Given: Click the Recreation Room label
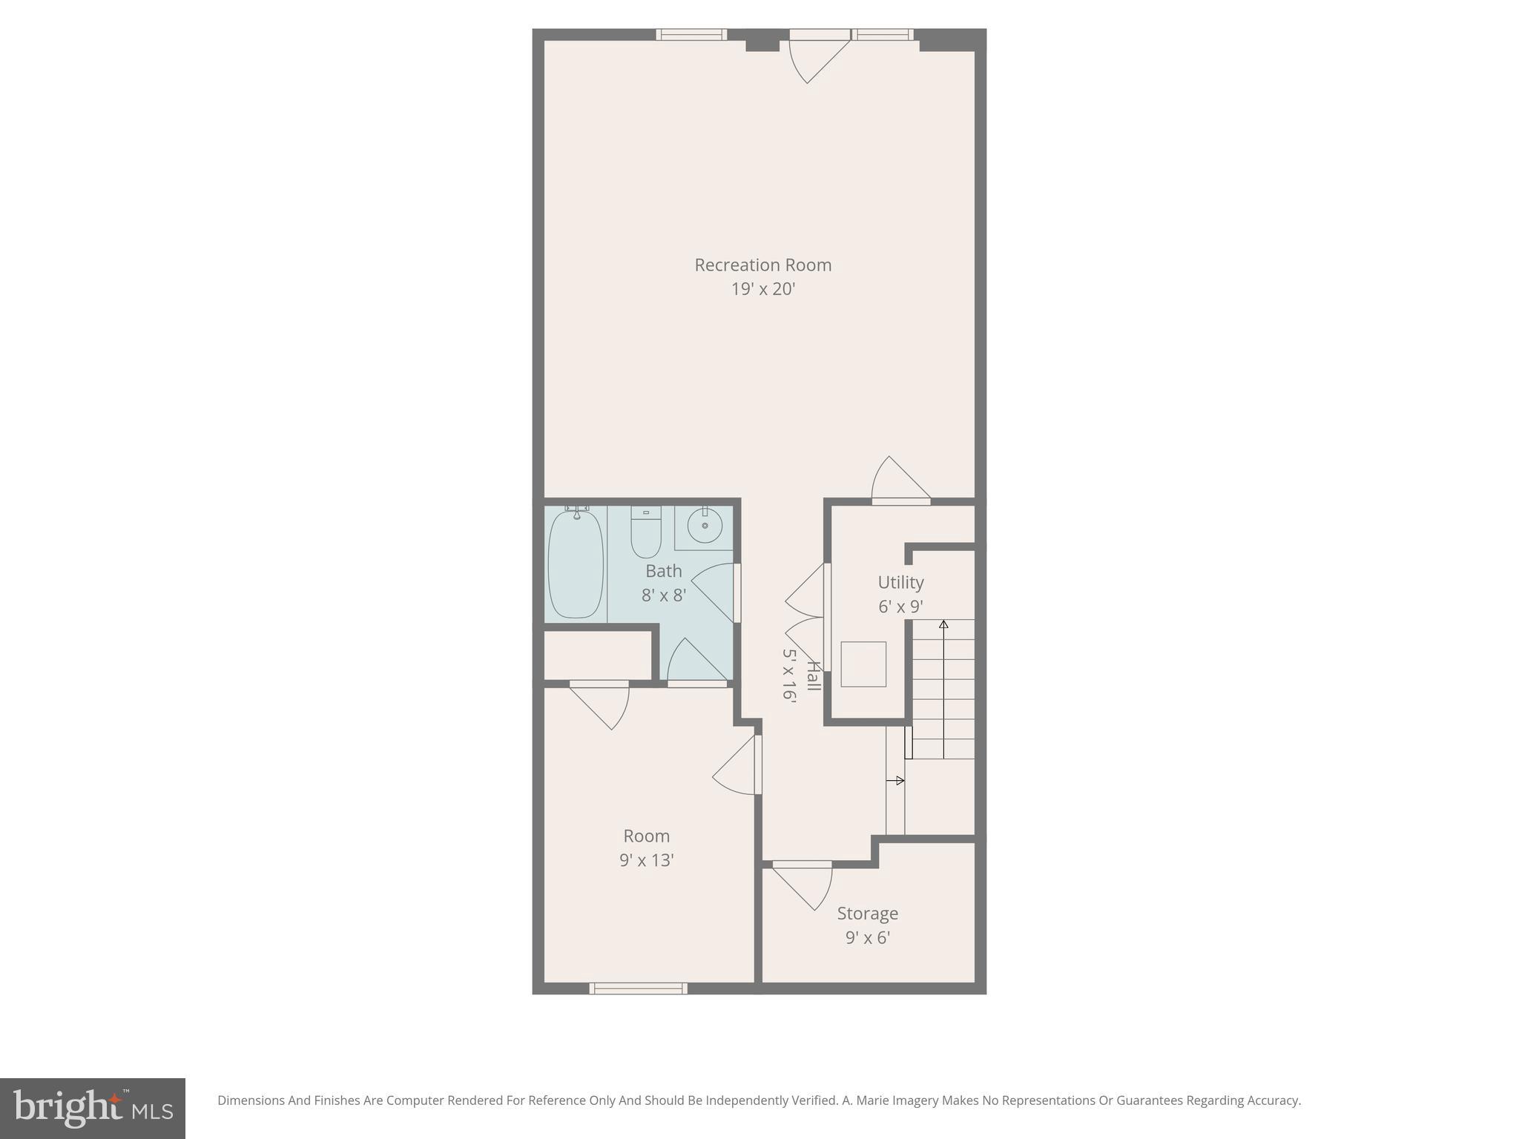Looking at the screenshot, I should point(762,265).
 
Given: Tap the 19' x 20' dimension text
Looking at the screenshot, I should point(762,289).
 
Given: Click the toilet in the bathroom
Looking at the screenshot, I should point(645,532).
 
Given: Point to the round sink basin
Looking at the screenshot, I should point(704,526).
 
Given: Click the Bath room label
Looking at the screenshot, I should point(663,571).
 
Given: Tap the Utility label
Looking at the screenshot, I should point(900,582).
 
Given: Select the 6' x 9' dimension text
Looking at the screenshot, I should point(900,607).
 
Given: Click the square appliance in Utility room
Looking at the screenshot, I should point(863,664).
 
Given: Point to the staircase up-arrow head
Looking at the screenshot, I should point(943,624).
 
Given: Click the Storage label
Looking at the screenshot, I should point(867,913).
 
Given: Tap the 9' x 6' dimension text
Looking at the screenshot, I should point(867,937).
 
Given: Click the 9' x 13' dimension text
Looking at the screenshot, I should point(646,860).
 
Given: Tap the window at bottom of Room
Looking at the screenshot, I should point(638,988).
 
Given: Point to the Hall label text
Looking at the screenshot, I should point(814,676).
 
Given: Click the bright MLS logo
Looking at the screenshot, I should point(93,1109).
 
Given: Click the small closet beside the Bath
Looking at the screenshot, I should point(598,655).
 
